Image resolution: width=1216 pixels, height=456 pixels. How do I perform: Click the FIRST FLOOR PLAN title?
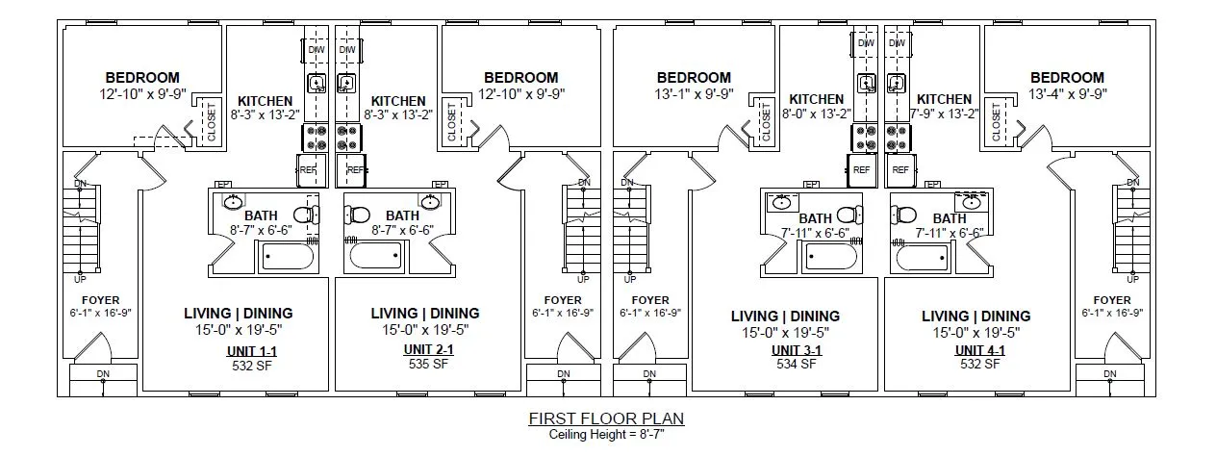606,418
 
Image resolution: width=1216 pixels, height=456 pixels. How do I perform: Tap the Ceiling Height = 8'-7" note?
606,434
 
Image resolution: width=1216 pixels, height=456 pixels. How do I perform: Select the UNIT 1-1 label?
252,351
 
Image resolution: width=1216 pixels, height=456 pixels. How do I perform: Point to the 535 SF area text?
428,364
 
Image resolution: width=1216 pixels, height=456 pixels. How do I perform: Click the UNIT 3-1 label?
797,350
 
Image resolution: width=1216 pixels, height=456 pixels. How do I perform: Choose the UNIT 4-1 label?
980,350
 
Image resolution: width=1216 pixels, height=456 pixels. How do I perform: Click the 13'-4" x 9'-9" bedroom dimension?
1067,94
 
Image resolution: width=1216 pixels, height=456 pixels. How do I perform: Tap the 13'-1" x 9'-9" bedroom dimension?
694,94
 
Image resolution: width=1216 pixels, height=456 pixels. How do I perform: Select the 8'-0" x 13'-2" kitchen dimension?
817,114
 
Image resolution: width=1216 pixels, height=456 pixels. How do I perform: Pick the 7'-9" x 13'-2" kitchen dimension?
944,114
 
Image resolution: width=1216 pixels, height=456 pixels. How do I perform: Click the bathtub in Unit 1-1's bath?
288,256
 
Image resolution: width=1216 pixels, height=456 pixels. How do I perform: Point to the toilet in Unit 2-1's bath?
357,215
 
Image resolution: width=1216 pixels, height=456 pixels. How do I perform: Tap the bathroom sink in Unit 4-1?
972,202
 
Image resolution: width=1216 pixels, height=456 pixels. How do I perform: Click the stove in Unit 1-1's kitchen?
316,138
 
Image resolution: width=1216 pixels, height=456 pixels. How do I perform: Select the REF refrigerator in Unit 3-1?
862,170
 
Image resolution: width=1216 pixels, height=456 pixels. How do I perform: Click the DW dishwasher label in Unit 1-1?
317,50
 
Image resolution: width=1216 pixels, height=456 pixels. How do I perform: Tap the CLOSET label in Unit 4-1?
996,121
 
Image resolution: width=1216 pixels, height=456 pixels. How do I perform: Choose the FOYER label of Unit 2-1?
563,299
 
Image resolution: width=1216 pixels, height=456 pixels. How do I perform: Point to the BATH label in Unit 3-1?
816,218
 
